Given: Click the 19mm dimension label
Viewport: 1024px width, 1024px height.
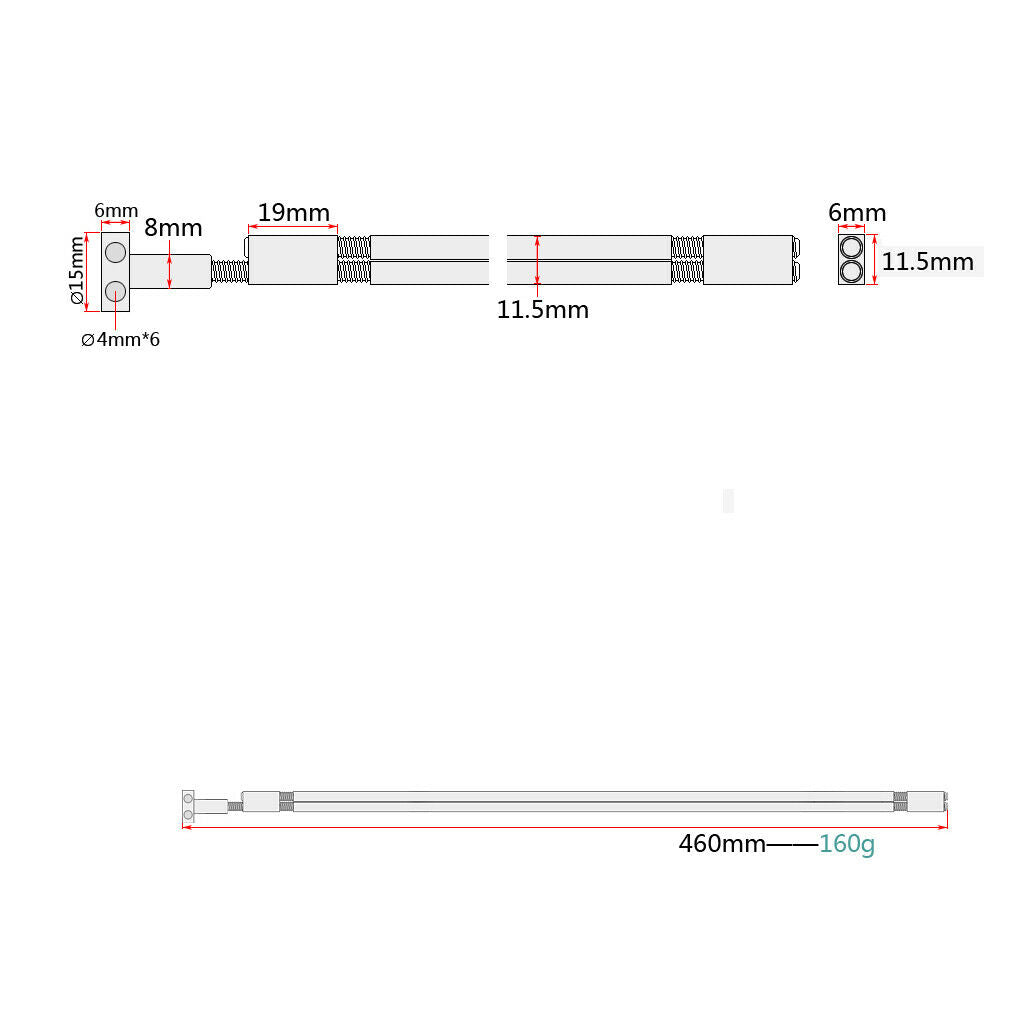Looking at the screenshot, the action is click(x=293, y=213).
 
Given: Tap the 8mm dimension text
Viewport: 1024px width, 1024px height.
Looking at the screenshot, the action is click(x=173, y=227).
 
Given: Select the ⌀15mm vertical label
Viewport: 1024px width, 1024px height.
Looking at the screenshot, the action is click(x=77, y=270).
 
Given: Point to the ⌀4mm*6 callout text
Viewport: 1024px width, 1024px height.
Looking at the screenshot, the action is click(x=120, y=340).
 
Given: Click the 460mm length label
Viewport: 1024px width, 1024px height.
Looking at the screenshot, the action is click(x=722, y=844).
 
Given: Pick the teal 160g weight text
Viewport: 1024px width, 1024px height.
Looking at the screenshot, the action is click(x=846, y=844).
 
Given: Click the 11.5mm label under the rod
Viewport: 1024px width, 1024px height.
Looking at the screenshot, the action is click(x=543, y=310).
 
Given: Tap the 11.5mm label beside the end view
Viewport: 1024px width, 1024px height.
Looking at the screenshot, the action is click(x=927, y=262).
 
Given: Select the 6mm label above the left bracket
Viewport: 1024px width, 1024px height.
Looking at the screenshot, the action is click(x=116, y=210).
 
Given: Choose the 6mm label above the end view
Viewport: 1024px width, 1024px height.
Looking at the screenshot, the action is click(x=857, y=213).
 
